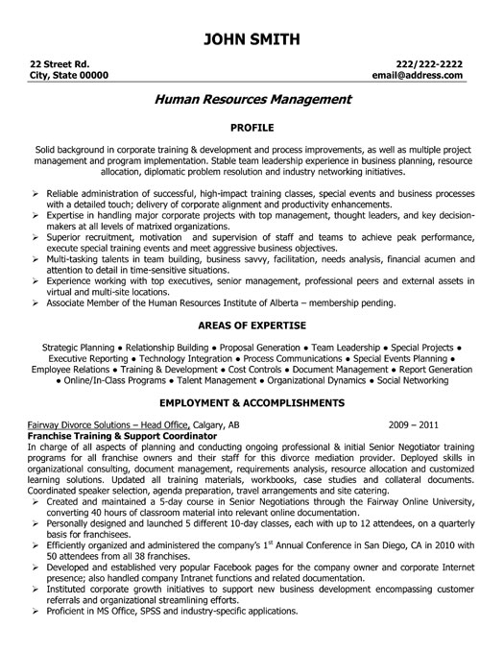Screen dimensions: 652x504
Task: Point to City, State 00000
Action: [x=68, y=75]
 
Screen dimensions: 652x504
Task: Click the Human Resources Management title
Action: [x=251, y=98]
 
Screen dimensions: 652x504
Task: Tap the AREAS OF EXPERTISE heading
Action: [x=251, y=326]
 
